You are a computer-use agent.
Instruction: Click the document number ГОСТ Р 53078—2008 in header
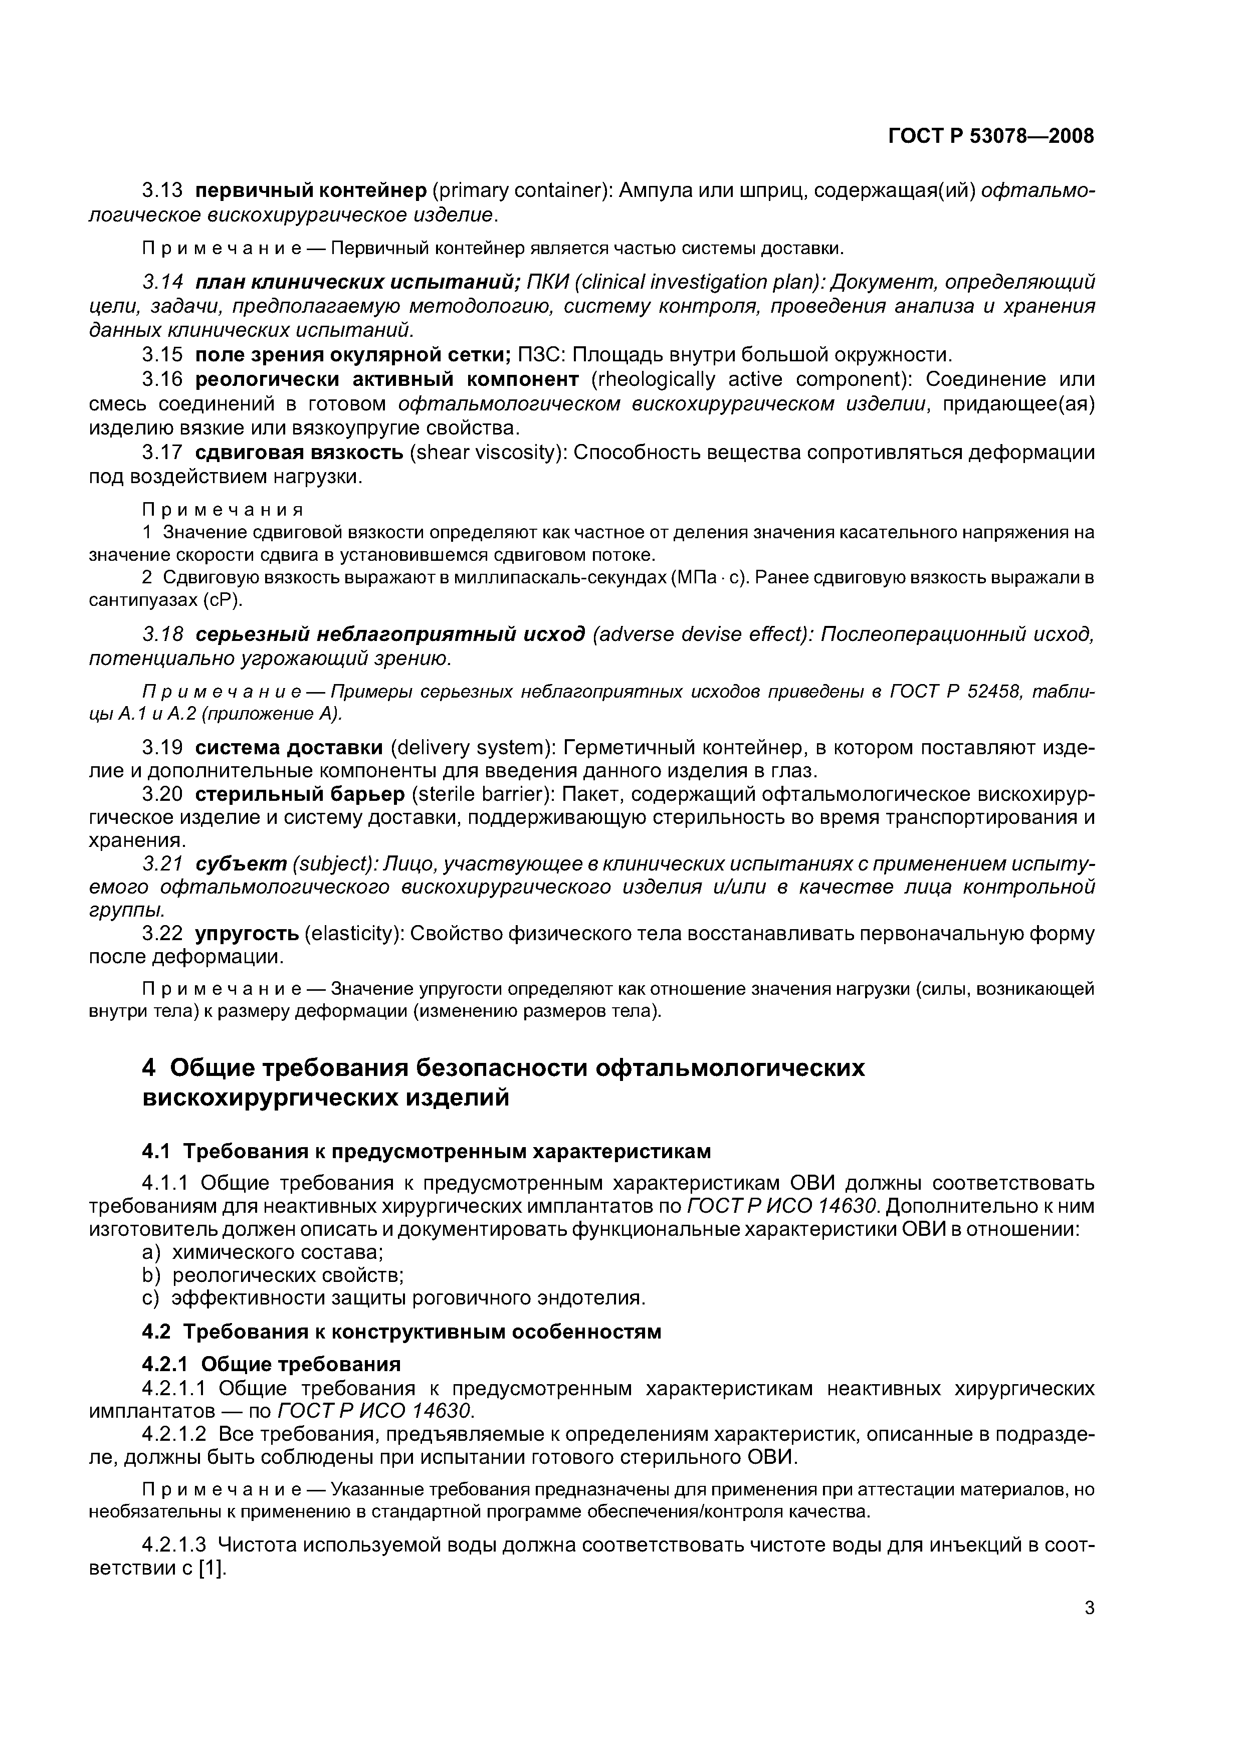pyautogui.click(x=990, y=136)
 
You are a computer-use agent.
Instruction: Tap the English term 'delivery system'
pyautogui.click(x=473, y=747)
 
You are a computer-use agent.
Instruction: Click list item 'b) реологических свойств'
pyautogui.click(x=274, y=1275)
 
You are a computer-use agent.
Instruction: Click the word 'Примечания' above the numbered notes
pyautogui.click(x=223, y=510)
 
